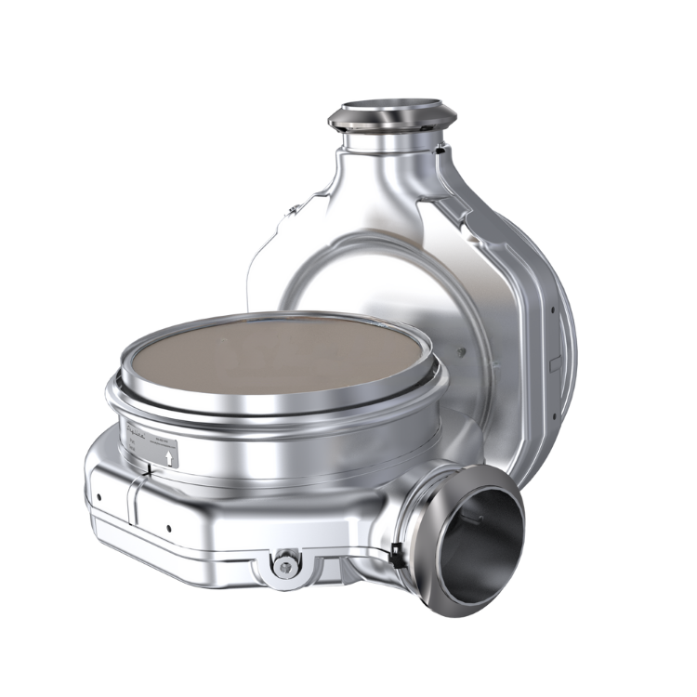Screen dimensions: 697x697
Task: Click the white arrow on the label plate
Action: click(167, 456)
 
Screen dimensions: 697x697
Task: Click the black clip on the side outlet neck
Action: click(398, 551)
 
